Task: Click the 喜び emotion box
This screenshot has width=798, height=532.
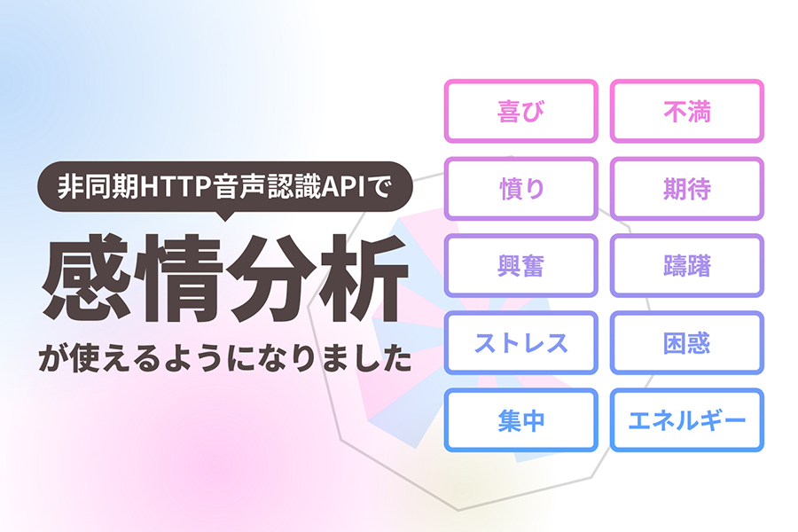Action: pos(520,111)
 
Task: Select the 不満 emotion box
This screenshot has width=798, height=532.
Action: pos(687,111)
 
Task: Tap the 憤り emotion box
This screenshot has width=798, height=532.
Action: pos(520,188)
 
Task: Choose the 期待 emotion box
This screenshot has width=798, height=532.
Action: pos(687,188)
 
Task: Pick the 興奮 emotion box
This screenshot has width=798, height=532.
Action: pos(520,265)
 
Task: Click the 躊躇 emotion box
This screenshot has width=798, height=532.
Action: pos(687,265)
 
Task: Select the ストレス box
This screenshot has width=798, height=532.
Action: pos(520,342)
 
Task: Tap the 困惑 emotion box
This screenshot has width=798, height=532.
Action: pos(687,342)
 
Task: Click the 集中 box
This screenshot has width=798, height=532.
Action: pos(520,420)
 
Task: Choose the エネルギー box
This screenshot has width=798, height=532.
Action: pos(687,420)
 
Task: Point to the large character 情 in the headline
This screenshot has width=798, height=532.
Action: pos(179,278)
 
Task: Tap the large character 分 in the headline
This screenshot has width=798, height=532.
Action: pos(271,278)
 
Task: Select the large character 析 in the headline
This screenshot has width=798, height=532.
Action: pos(363,278)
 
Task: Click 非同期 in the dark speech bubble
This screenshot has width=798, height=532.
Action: pos(98,187)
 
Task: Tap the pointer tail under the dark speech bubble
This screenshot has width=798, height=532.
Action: pos(224,216)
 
